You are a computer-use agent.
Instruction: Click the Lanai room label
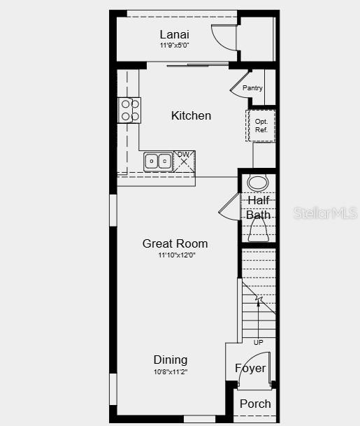(174, 34)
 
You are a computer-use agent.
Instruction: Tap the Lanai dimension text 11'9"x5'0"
(174, 45)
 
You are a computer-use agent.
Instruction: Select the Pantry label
(252, 88)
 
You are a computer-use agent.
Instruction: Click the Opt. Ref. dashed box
(261, 126)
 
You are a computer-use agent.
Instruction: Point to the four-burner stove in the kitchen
(129, 110)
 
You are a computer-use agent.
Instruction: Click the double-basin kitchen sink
(159, 162)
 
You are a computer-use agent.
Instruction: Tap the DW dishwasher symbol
(184, 160)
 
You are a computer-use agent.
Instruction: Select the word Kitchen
(191, 115)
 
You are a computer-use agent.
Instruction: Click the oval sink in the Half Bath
(258, 184)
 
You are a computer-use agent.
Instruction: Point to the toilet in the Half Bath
(258, 231)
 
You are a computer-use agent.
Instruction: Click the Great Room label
(175, 243)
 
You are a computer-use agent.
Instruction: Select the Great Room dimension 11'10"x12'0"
(176, 255)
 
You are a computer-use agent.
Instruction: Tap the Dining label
(171, 360)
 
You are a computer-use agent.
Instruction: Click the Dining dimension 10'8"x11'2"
(171, 371)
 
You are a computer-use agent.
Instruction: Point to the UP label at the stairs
(259, 342)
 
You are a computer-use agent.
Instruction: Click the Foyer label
(250, 368)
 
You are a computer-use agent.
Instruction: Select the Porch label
(255, 404)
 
